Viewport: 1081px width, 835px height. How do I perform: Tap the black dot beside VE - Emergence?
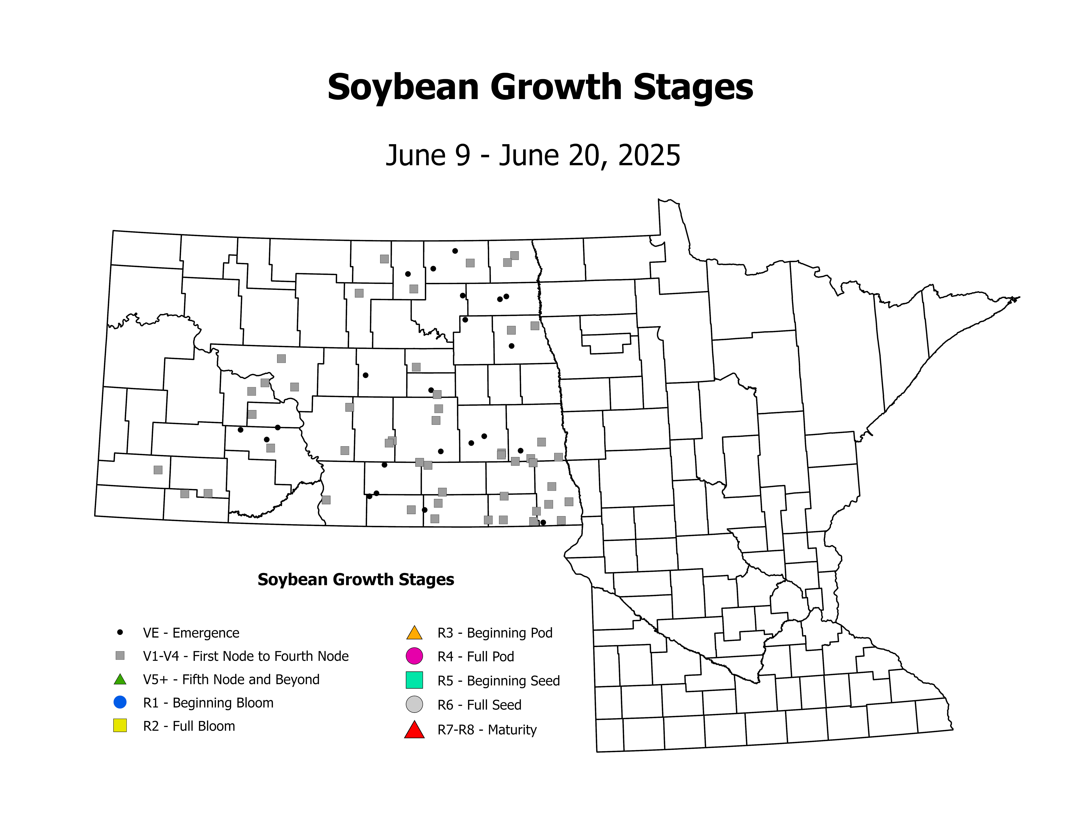click(120, 632)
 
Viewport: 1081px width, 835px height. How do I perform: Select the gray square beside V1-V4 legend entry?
click(120, 655)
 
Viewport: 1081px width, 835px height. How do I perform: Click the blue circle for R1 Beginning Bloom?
click(120, 702)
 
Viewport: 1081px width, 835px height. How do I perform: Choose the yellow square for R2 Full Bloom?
click(120, 725)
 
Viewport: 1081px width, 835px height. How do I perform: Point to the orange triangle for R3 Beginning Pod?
click(414, 633)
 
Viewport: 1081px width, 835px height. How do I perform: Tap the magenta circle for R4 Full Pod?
click(414, 656)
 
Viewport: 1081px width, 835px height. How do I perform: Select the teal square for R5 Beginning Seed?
click(414, 680)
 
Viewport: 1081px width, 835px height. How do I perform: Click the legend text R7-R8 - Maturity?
click(487, 730)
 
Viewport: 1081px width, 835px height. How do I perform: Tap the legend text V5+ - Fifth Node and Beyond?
click(231, 679)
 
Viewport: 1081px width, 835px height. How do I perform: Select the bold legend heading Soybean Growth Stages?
click(356, 579)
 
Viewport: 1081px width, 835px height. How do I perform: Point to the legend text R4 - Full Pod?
click(476, 656)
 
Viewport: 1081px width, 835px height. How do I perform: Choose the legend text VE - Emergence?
click(191, 633)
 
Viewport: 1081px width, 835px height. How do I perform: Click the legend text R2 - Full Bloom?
click(189, 726)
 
